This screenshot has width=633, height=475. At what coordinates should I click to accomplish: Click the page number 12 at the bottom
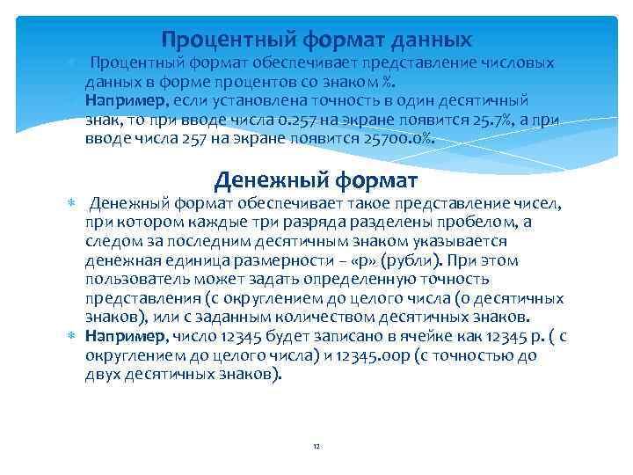click(316, 446)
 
